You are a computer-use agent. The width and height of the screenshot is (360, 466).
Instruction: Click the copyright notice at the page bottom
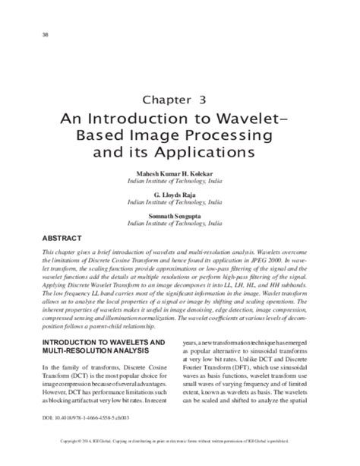180,460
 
